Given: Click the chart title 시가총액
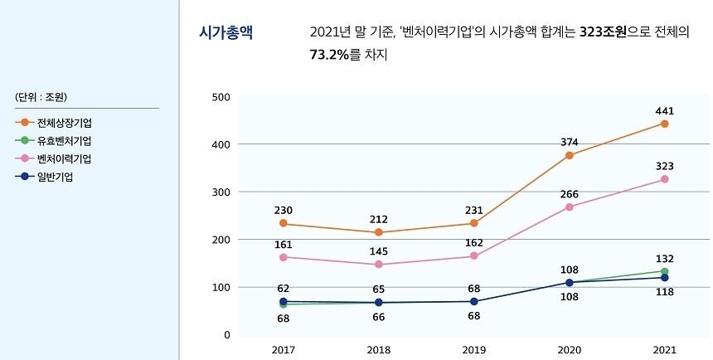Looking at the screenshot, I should (x=226, y=32).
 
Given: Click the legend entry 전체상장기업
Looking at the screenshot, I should (x=64, y=122).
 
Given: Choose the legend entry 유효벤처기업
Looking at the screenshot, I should (x=64, y=140).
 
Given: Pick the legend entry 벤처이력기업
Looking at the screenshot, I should (x=64, y=158).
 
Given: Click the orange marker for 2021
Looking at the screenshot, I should (x=664, y=124).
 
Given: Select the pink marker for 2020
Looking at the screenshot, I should (x=570, y=207).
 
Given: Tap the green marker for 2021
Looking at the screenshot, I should (x=664, y=271).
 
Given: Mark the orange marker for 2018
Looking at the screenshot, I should (x=379, y=232).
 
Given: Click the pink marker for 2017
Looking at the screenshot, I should (x=284, y=257).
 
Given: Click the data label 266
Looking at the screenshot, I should (x=570, y=193).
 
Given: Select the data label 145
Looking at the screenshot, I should (x=379, y=251).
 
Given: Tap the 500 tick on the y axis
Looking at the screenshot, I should (x=221, y=97).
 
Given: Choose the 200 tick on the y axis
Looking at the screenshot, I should (x=221, y=240).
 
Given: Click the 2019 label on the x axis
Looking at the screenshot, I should (x=473, y=349).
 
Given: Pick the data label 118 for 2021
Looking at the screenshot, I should (x=664, y=291).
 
